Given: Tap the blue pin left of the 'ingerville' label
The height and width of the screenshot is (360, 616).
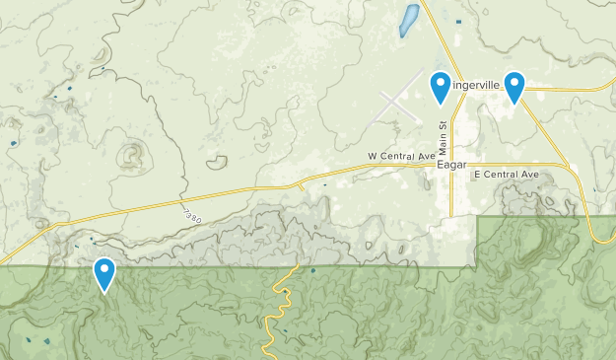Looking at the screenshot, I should pos(441,86).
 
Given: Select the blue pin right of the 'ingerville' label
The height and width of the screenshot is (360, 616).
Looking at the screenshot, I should pos(513,86).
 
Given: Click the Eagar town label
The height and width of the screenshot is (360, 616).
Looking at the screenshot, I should pos(450,167).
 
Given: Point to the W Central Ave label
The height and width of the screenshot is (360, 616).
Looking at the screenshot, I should pos(401,156).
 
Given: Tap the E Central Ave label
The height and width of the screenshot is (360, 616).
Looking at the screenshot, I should pos(507,175).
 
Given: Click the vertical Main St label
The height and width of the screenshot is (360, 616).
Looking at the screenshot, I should pos(444,136).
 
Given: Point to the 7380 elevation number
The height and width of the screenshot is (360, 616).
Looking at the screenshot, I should pos(193,216).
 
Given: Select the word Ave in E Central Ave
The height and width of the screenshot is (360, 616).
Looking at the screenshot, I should pos(529,175).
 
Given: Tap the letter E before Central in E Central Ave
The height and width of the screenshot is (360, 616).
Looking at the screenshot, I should pos(477,175).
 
